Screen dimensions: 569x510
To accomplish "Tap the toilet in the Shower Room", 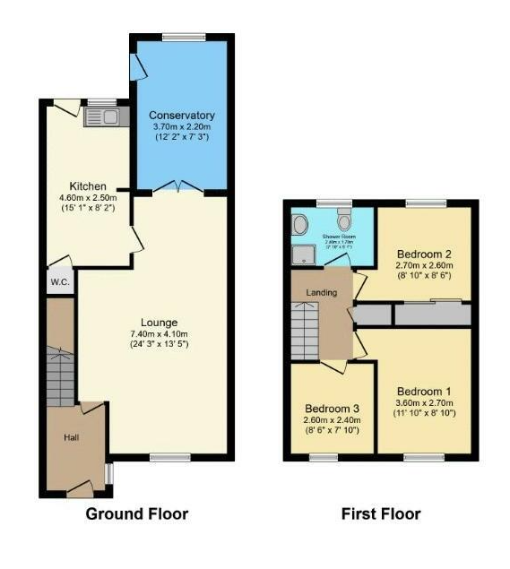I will (343, 220).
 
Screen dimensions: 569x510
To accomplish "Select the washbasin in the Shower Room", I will (299, 223).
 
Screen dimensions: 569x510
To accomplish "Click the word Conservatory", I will (182, 116).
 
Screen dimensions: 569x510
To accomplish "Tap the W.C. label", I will (59, 280).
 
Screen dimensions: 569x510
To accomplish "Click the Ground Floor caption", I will (137, 514).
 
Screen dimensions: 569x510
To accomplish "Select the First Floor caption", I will (381, 514).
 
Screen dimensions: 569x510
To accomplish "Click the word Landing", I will (320, 293).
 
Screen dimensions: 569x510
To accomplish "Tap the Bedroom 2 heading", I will (423, 254).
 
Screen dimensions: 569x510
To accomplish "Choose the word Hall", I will (71, 437).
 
